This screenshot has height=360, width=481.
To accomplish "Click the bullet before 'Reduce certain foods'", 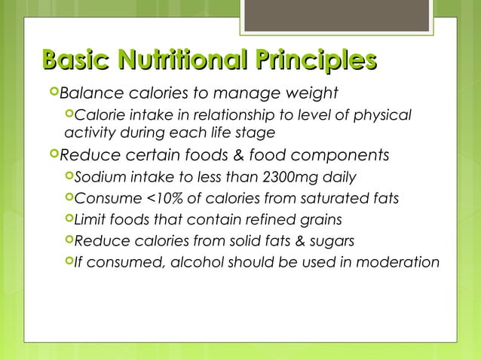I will tap(51, 155).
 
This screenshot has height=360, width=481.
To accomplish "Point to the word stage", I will tap(256, 133).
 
